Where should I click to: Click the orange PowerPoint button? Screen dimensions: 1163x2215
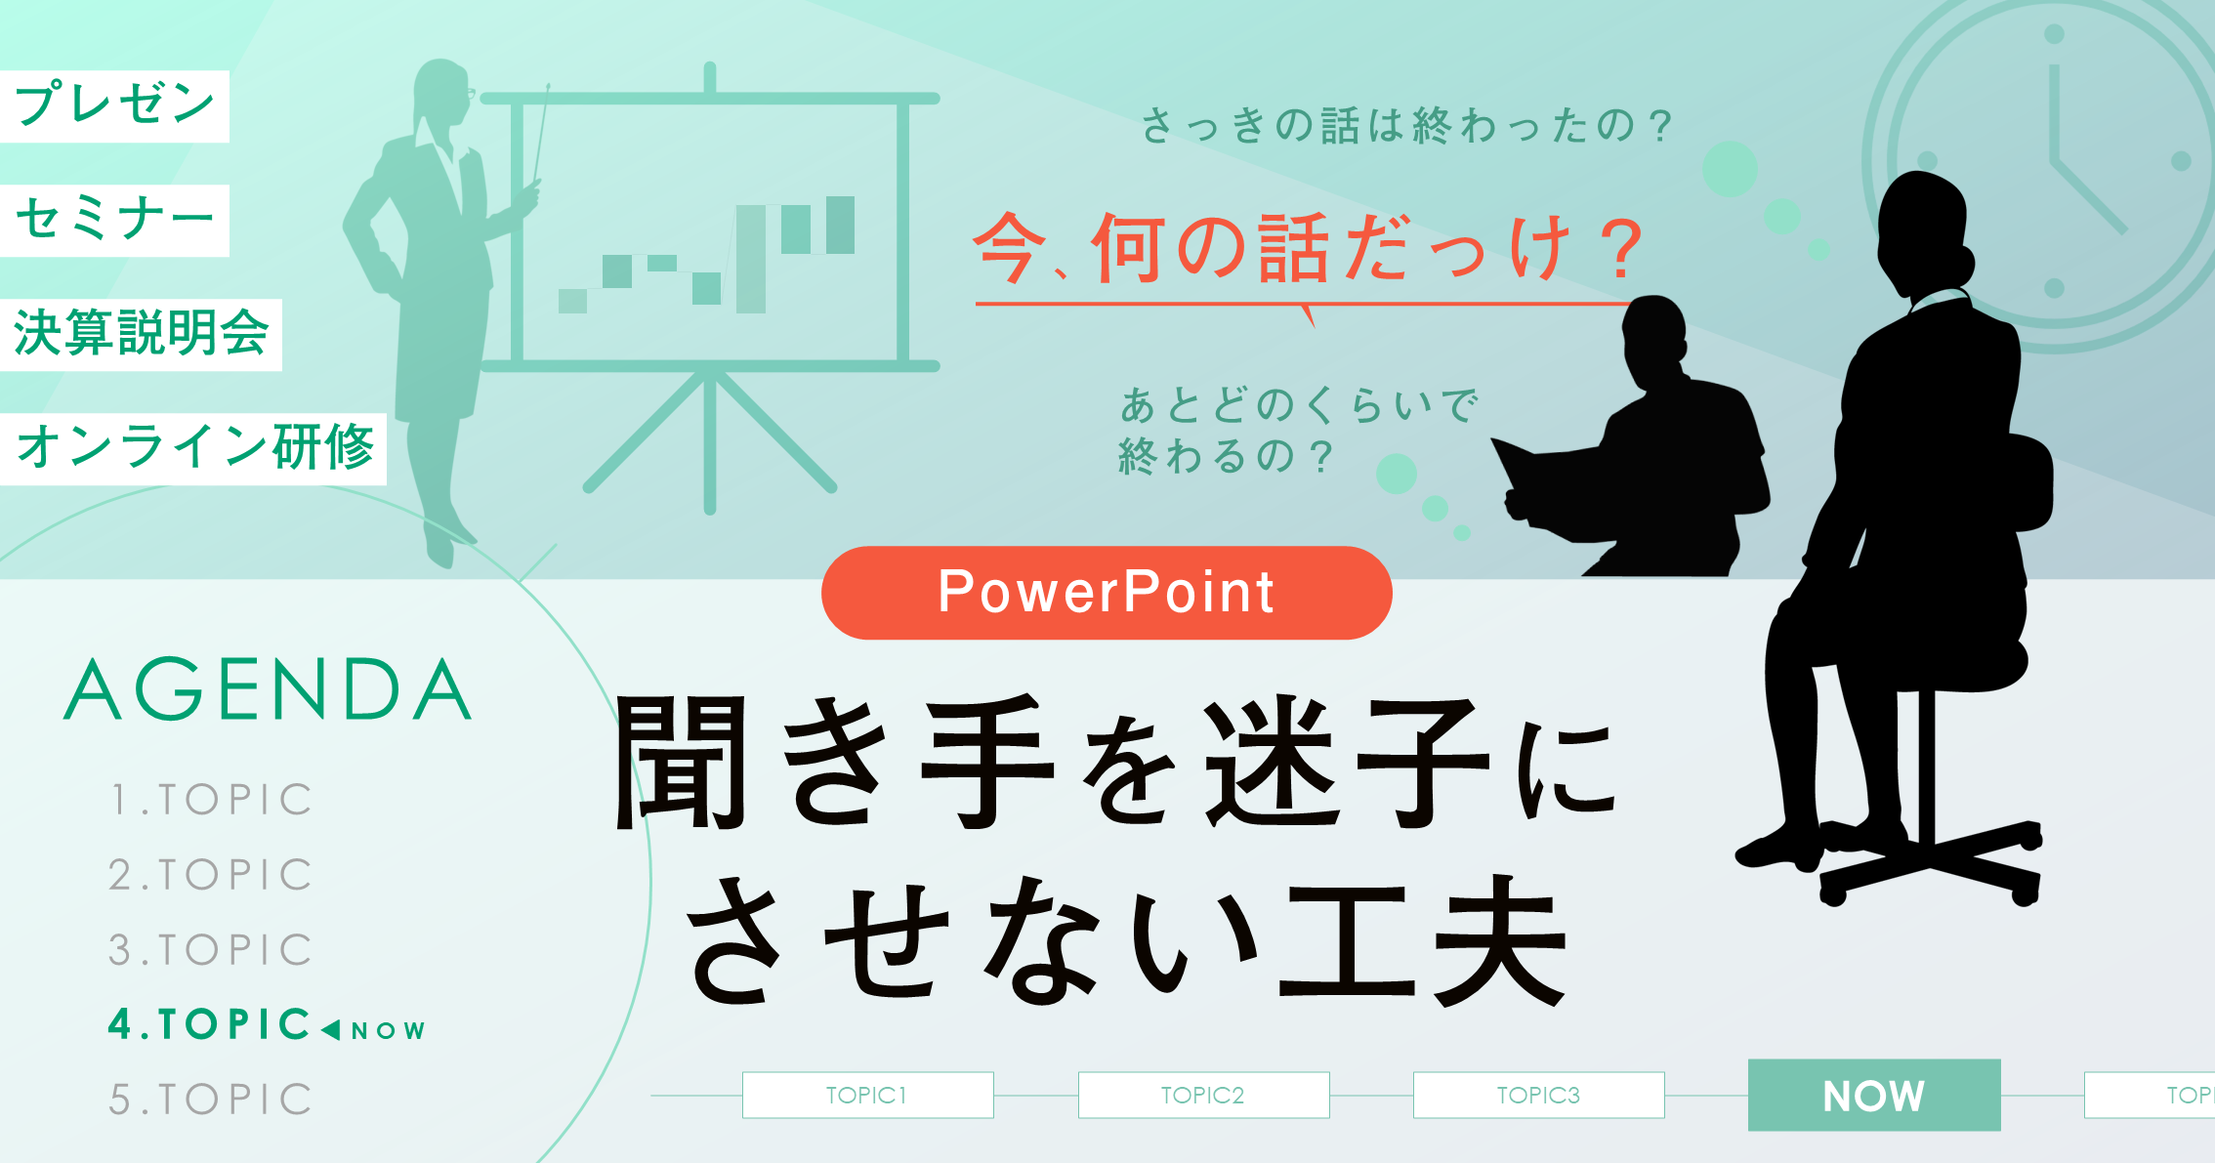[x=1107, y=592]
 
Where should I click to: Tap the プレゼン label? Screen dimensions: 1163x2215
[x=114, y=105]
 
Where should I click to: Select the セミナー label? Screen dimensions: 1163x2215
[x=114, y=220]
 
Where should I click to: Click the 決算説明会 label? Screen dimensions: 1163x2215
[x=141, y=334]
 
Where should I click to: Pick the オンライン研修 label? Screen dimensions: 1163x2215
[x=193, y=448]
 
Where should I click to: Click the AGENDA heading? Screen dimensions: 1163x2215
[x=268, y=689]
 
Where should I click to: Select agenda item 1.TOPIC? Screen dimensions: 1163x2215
[x=211, y=800]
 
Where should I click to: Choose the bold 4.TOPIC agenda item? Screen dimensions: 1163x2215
[x=209, y=1024]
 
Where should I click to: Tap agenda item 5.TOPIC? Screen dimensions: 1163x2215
[x=211, y=1100]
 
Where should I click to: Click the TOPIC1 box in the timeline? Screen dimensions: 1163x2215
[x=867, y=1095]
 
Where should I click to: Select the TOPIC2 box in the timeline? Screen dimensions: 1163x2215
[x=1203, y=1095]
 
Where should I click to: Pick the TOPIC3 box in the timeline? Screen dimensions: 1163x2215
[x=1538, y=1095]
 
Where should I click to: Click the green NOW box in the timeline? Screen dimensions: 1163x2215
[x=1873, y=1095]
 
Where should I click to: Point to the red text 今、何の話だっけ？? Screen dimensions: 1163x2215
[x=1309, y=250]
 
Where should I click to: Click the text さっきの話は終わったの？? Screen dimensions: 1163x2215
[x=1406, y=126]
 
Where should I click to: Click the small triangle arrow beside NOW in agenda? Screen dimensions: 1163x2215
[x=330, y=1029]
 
